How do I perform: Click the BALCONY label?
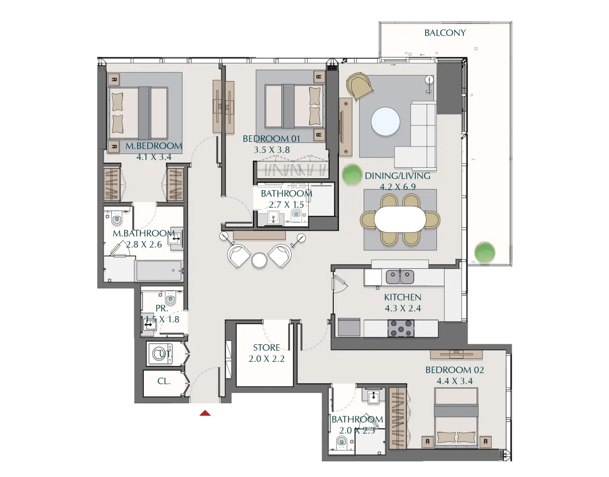coord(445,33)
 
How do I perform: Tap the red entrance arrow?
coord(205,413)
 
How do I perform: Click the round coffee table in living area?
coord(385,121)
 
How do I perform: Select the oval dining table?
coord(400,219)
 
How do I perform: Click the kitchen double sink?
coord(400,276)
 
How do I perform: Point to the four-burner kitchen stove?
coord(401,328)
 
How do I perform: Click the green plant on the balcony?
coord(485,252)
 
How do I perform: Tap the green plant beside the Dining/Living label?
coord(352,174)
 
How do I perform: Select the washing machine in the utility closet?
coord(159,354)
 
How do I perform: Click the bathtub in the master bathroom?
coord(159,271)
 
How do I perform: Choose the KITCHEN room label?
coord(402,297)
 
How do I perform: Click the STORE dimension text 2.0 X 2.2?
coord(267,359)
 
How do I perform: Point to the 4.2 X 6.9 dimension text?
coord(397,187)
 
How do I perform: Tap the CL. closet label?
coord(163,381)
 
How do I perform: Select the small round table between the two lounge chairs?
coord(259,260)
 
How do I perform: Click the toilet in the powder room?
coord(170,298)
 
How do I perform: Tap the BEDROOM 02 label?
coord(454,370)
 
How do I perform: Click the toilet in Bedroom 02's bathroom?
coord(342,443)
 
